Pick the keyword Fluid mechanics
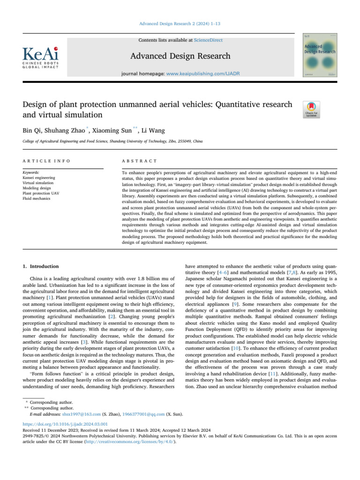(36, 199)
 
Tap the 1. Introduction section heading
(41, 266)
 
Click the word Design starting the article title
(36, 104)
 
